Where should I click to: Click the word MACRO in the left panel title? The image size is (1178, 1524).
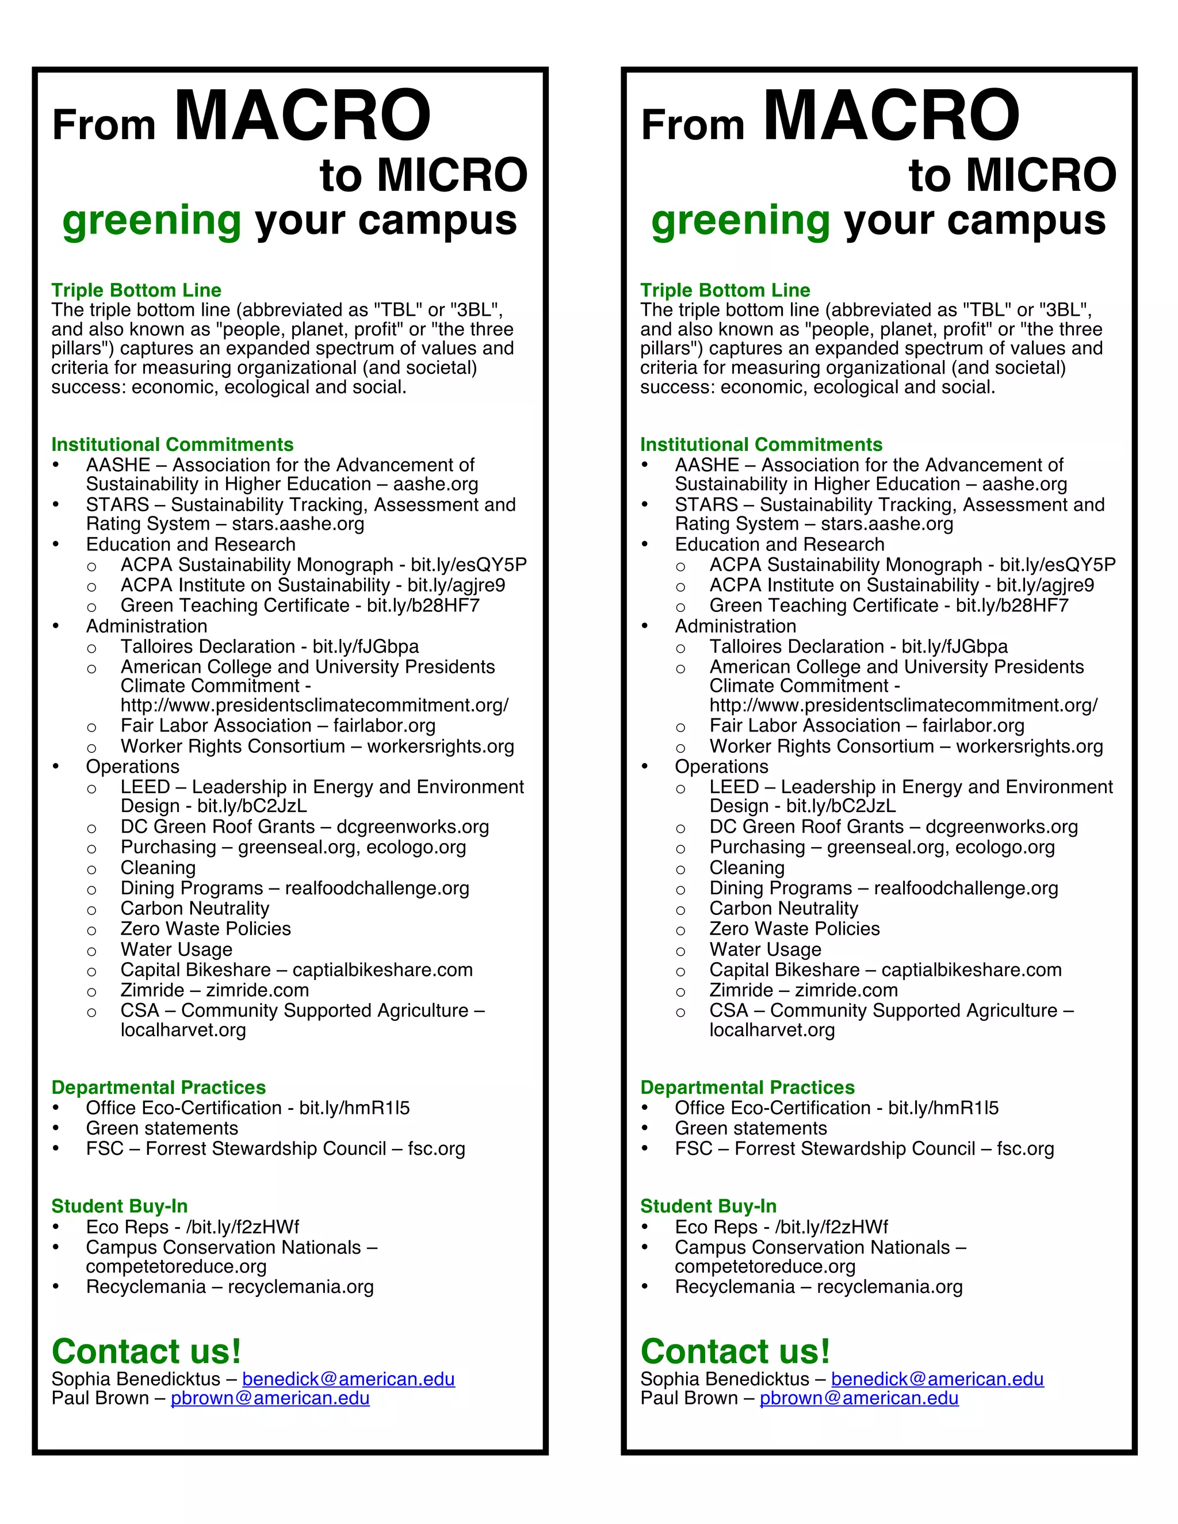point(302,115)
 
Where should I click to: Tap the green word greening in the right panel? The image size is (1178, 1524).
point(740,221)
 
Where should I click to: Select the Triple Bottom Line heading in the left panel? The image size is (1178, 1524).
point(136,290)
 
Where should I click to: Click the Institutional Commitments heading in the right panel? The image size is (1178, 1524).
point(762,445)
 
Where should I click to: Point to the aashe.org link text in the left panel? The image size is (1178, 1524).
point(435,484)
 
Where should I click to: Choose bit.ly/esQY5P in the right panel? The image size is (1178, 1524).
point(1057,565)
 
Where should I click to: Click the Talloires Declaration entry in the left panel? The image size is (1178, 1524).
point(207,647)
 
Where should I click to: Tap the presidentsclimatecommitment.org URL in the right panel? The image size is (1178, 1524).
point(903,706)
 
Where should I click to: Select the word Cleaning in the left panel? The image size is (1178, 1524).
point(158,868)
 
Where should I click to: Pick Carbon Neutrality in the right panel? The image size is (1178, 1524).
point(784,909)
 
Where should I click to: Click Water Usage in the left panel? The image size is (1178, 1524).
point(176,949)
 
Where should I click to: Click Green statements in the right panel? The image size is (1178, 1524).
point(750,1128)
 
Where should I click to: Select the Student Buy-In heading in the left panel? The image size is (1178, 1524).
point(119,1207)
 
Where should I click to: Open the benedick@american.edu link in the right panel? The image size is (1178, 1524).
point(937,1380)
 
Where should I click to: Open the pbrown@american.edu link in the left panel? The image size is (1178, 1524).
point(270,1399)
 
